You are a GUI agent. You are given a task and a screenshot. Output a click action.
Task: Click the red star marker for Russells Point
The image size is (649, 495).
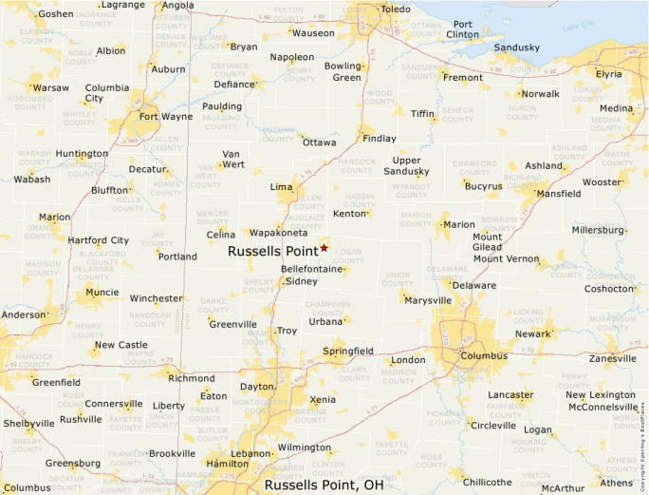click(324, 248)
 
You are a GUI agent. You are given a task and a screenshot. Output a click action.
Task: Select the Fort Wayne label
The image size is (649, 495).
click(165, 117)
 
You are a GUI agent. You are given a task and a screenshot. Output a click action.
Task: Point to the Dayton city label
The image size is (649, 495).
click(256, 387)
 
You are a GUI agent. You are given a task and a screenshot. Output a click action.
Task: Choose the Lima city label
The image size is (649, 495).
click(282, 187)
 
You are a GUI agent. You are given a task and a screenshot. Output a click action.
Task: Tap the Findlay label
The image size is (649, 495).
click(380, 139)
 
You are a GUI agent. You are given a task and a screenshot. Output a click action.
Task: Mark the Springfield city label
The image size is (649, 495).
click(348, 352)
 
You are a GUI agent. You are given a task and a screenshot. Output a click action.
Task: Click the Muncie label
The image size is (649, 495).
click(102, 293)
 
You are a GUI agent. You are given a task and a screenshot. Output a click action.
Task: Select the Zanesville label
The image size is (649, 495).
click(612, 359)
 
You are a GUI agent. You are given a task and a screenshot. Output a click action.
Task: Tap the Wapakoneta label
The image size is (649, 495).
click(278, 233)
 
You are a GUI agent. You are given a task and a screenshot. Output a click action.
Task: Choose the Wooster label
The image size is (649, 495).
click(601, 182)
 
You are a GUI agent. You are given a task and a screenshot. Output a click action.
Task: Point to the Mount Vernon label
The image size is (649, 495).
click(506, 258)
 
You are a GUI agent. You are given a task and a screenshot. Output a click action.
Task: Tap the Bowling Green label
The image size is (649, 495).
click(343, 71)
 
